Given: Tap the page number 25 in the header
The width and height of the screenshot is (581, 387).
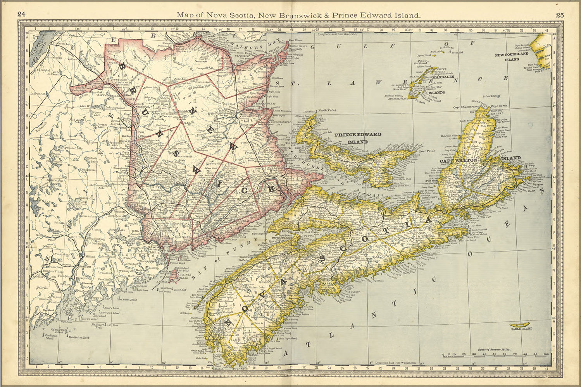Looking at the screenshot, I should pyautogui.click(x=560, y=15).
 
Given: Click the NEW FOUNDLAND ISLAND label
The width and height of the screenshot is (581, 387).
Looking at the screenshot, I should pyautogui.click(x=512, y=57).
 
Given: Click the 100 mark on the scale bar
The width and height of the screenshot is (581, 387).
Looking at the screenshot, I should pyautogui.click(x=546, y=354).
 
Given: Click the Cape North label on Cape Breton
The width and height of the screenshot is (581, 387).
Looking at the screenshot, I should pyautogui.click(x=498, y=106).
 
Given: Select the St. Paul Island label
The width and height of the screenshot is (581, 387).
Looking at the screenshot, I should pyautogui.click(x=490, y=96).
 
